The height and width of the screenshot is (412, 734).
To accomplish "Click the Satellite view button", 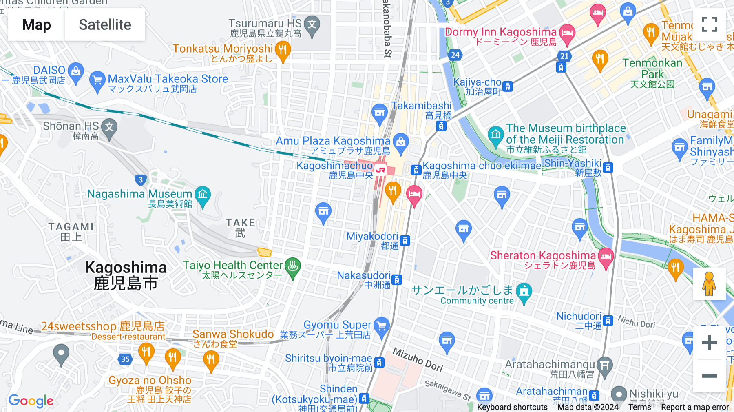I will [105, 25].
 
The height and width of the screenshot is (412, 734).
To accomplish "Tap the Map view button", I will [36, 25].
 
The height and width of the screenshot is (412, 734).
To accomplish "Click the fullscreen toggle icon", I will [709, 24].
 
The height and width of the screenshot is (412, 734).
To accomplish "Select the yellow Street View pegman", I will [709, 284].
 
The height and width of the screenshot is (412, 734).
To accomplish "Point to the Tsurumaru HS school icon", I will [312, 24].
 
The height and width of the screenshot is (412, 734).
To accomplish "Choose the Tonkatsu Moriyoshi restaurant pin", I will [283, 51].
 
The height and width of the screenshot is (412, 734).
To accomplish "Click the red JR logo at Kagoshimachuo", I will [380, 170].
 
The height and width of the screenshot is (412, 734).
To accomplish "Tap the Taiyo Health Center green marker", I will [292, 266].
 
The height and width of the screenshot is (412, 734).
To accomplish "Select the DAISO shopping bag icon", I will [75, 72].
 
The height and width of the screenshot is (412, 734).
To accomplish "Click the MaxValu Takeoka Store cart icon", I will [97, 80].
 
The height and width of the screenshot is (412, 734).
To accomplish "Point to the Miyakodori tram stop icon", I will [405, 240].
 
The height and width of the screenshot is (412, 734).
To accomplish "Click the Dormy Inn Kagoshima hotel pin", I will [567, 33].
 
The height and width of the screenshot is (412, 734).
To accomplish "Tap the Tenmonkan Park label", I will [652, 69].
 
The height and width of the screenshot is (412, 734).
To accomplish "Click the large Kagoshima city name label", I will [126, 275].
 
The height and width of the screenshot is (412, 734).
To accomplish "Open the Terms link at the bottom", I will [639, 407].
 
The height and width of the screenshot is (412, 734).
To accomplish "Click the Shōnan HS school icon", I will [109, 127].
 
